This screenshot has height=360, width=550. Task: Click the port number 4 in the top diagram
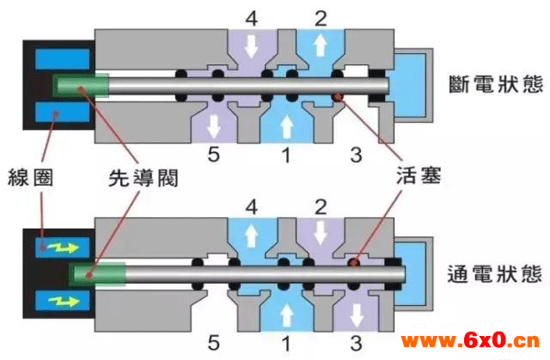(x=252, y=19)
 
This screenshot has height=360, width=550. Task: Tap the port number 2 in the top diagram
(x=321, y=19)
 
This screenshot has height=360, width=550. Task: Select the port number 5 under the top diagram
(x=214, y=155)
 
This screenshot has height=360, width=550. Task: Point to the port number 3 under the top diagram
(x=356, y=155)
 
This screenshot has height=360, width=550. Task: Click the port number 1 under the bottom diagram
(x=286, y=343)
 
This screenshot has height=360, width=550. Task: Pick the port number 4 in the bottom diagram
(x=252, y=207)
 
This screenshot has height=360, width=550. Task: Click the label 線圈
(x=31, y=177)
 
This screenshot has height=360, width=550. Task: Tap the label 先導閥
(x=144, y=178)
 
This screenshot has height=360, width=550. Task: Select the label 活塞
(x=419, y=175)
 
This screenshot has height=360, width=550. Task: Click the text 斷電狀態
(x=496, y=84)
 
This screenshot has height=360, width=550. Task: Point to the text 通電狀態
(x=495, y=274)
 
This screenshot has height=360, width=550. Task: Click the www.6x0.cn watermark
(x=470, y=340)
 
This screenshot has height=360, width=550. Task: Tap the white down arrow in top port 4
(x=251, y=46)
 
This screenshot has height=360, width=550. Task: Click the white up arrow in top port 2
(x=321, y=46)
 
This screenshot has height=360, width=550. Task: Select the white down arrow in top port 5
(x=214, y=125)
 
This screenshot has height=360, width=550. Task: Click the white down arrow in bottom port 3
(x=357, y=315)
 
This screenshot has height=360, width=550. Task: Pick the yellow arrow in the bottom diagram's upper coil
(x=63, y=247)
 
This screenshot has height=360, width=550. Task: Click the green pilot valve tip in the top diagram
(x=80, y=85)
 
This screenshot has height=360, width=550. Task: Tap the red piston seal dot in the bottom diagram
(x=354, y=262)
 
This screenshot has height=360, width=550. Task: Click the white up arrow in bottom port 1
(x=286, y=314)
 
